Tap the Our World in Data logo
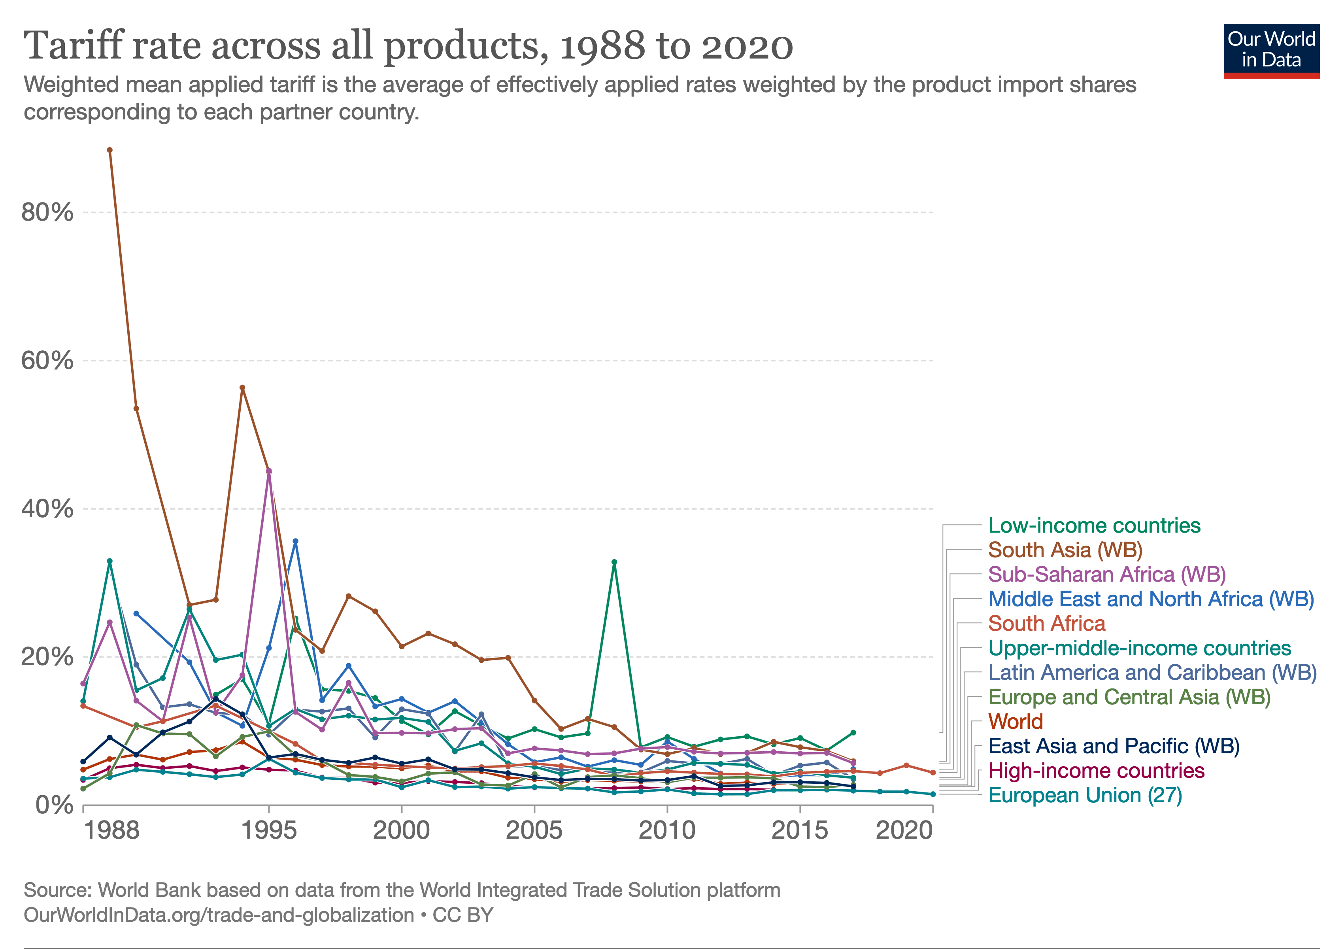[1271, 51]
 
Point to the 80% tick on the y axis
[47, 212]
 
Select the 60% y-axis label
[47, 360]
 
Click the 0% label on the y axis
[55, 805]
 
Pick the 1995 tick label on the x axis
[269, 830]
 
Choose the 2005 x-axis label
[534, 830]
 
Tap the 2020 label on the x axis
[904, 830]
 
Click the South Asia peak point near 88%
[109, 150]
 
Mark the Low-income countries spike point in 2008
[614, 562]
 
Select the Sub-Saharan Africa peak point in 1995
[269, 471]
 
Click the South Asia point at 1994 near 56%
[242, 388]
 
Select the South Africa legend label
[1047, 624]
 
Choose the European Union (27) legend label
[1085, 795]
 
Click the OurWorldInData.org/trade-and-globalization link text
[219, 915]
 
